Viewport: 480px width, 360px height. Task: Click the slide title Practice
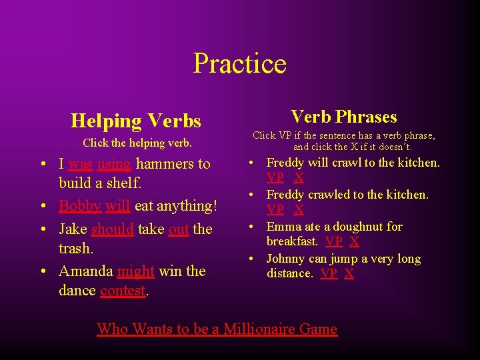[x=239, y=64]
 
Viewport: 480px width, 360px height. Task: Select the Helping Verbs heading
[x=135, y=121]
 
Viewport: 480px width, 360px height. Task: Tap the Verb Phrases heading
[x=343, y=117]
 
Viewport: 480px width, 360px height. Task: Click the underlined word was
[x=80, y=164]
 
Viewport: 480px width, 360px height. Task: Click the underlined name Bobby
[x=79, y=206]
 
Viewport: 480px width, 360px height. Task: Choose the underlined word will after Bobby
[x=117, y=206]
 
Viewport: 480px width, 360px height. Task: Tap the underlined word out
[x=179, y=229]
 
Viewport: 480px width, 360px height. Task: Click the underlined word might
[x=135, y=271]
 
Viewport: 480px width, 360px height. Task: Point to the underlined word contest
[x=123, y=291]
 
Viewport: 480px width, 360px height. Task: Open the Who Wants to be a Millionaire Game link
[x=217, y=329]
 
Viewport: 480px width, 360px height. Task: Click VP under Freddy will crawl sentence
[x=275, y=177]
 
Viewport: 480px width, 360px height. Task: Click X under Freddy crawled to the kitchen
[x=299, y=209]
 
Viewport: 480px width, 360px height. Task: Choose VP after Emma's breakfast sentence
[x=334, y=241]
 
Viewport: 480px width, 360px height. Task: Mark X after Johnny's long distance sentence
[x=349, y=273]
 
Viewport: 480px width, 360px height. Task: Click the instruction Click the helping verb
[x=137, y=143]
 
